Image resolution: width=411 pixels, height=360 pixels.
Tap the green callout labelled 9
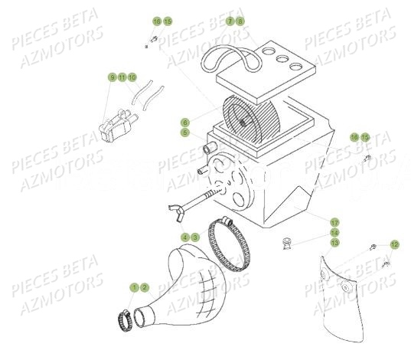click(x=112, y=77)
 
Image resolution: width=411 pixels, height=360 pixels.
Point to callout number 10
click(x=132, y=77)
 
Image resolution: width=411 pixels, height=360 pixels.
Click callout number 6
click(x=184, y=122)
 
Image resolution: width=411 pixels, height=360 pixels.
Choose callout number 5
click(x=184, y=132)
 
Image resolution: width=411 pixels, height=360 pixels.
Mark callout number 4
click(x=184, y=237)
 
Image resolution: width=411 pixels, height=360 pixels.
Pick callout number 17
click(x=334, y=222)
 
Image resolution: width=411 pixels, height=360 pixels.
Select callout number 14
click(x=334, y=232)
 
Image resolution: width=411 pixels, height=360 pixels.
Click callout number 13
click(x=334, y=242)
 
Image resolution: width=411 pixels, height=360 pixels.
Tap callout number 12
click(x=394, y=244)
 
